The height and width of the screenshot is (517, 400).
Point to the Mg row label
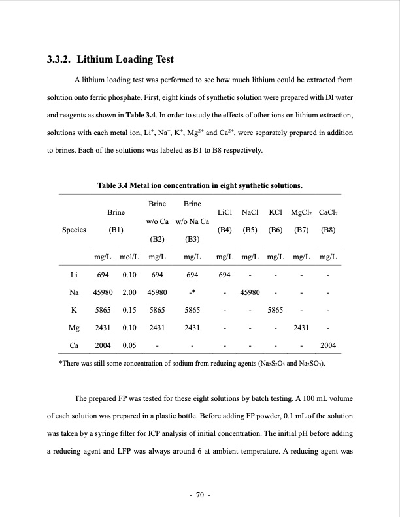pyautogui.click(x=75, y=327)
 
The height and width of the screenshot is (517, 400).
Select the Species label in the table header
pyautogui.click(x=75, y=229)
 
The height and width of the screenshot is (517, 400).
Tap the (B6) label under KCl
pyautogui.click(x=276, y=229)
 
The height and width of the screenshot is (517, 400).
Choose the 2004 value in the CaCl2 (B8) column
pyautogui.click(x=327, y=345)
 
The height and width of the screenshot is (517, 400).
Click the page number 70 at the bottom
pyautogui.click(x=199, y=495)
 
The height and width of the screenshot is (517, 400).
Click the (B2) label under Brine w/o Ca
pyautogui.click(x=157, y=239)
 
